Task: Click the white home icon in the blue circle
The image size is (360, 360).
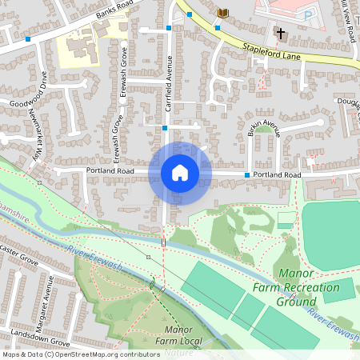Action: click(180, 173)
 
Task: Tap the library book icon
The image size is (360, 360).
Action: click(223, 13)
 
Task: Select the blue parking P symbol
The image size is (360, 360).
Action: click(308, 14)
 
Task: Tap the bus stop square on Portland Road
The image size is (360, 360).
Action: click(245, 174)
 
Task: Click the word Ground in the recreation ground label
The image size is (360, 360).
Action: click(297, 302)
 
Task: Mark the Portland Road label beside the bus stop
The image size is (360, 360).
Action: click(276, 174)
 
